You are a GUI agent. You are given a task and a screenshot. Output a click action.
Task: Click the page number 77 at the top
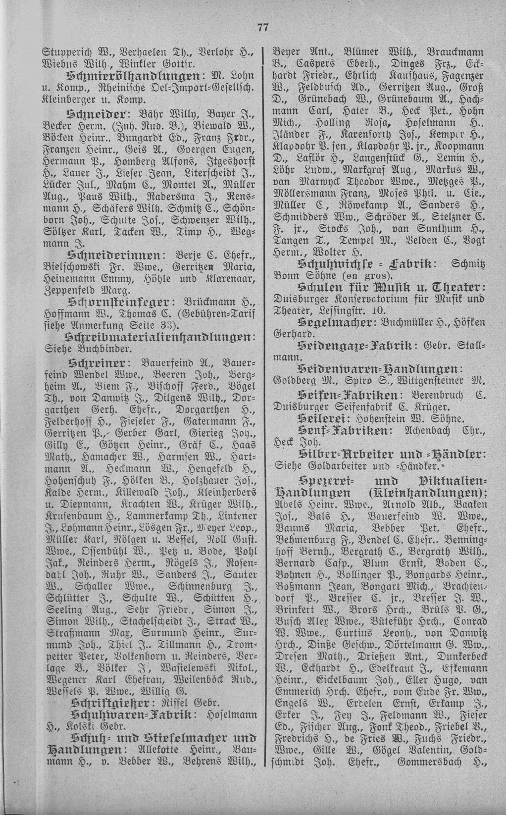(262, 28)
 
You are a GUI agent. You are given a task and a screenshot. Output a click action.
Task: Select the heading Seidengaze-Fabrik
(350, 345)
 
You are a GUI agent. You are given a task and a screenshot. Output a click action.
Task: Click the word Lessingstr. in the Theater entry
(351, 310)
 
